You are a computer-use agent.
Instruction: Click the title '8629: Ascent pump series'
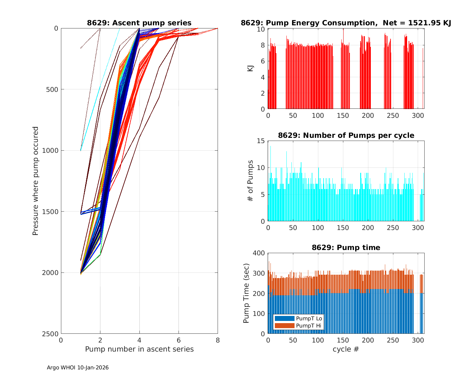[x=139, y=23]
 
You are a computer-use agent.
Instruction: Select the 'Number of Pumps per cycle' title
[x=346, y=135]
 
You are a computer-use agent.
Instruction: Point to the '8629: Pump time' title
[x=346, y=247]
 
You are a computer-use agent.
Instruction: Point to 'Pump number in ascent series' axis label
[x=139, y=349]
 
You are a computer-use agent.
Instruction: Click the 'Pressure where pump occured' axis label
[x=35, y=181]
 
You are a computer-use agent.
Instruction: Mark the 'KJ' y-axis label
[x=250, y=68]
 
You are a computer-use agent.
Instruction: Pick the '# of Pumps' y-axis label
[x=250, y=181]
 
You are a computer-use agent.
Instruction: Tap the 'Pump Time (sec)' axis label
[x=246, y=293]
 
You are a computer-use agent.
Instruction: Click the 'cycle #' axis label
[x=346, y=349]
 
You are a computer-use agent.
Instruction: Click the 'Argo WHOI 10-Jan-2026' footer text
[x=78, y=367]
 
